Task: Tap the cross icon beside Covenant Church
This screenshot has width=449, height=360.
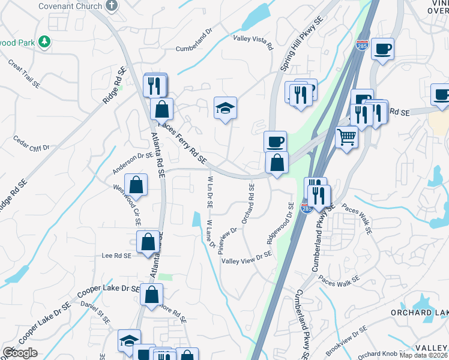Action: pyautogui.click(x=111, y=6)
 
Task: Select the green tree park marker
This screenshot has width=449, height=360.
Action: pyautogui.click(x=43, y=41)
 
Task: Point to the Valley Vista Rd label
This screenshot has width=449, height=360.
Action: pyautogui.click(x=253, y=42)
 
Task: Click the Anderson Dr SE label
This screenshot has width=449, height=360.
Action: pyautogui.click(x=133, y=162)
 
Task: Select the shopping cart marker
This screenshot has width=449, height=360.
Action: pyautogui.click(x=346, y=138)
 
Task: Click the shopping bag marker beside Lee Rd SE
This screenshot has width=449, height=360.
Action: pyautogui.click(x=148, y=242)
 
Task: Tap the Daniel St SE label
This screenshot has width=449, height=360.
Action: pyautogui.click(x=95, y=313)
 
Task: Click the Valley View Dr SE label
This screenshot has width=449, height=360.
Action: pyautogui.click(x=246, y=257)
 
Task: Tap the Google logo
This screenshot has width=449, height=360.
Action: pyautogui.click(x=20, y=353)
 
